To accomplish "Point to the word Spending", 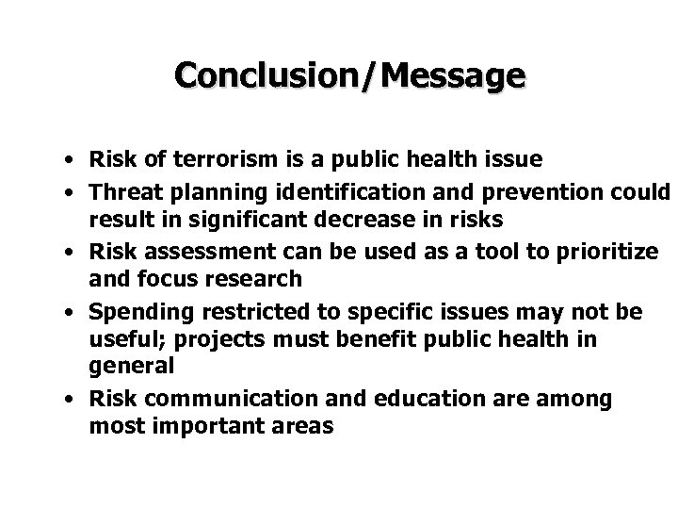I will point(133,313).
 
